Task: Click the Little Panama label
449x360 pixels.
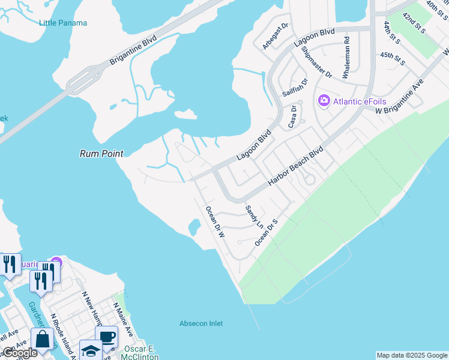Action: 63,23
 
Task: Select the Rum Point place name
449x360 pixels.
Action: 101,154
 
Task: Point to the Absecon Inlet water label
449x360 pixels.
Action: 201,323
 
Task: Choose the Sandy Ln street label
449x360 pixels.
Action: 254,217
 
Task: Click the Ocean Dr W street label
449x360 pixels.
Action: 214,223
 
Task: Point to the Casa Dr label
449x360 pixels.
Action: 293,116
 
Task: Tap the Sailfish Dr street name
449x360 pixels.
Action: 295,88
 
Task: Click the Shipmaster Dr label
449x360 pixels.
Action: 316,62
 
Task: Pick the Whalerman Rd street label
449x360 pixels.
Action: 346,56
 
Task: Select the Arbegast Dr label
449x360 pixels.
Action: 276,37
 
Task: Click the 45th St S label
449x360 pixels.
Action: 393,58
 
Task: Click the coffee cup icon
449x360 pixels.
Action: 106,337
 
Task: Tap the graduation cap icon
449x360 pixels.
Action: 91,350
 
